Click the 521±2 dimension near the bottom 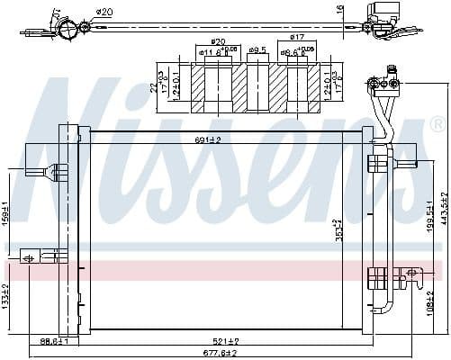tap(225, 343)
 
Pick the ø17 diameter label tap(297, 38)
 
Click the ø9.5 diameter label tap(257, 50)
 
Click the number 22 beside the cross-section tap(155, 88)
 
